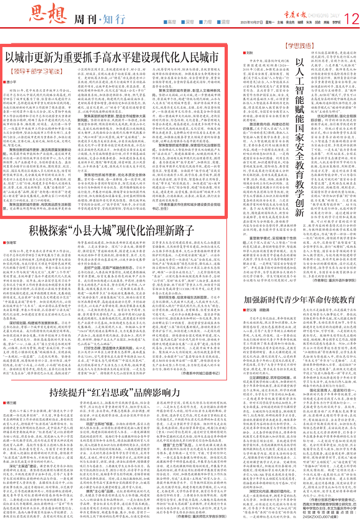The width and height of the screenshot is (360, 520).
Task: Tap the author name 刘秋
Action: [x=250, y=53]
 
